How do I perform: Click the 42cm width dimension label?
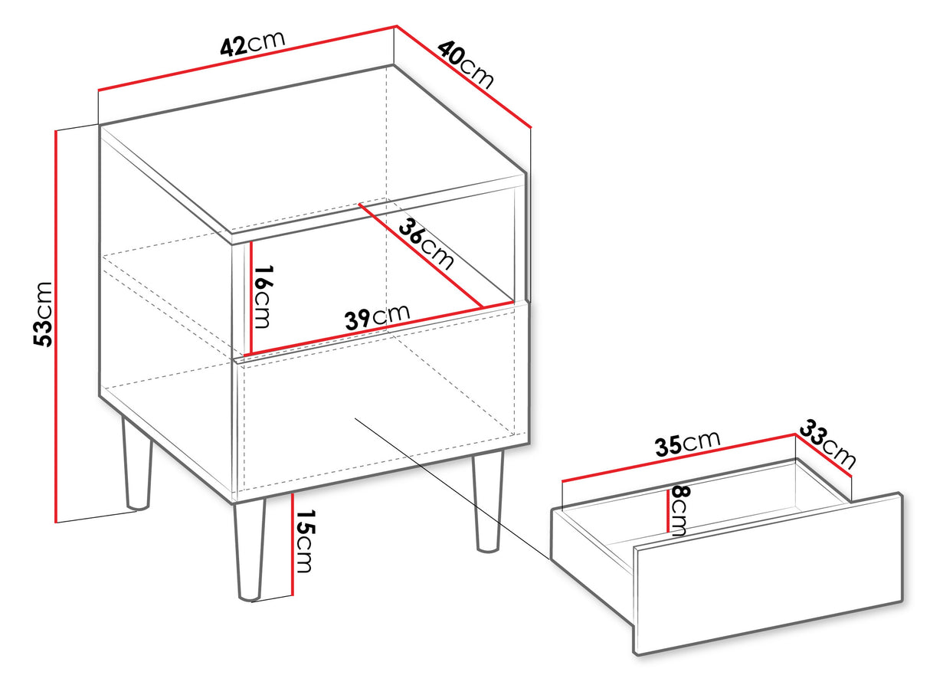(x=253, y=43)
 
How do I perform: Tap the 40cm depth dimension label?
(x=466, y=64)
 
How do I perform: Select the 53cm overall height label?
(x=43, y=314)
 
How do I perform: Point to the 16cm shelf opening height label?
(x=263, y=297)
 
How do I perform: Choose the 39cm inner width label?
(x=377, y=316)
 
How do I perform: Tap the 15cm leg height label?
(x=304, y=541)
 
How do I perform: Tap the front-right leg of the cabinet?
(x=488, y=501)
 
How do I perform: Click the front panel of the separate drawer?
(x=768, y=574)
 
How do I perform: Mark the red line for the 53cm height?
(x=55, y=326)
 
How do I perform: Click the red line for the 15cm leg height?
(x=293, y=544)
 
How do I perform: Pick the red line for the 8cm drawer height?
(x=668, y=510)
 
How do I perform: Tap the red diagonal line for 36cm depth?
(x=421, y=255)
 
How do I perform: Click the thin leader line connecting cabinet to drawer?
(x=453, y=489)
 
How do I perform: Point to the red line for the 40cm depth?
(x=463, y=77)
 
